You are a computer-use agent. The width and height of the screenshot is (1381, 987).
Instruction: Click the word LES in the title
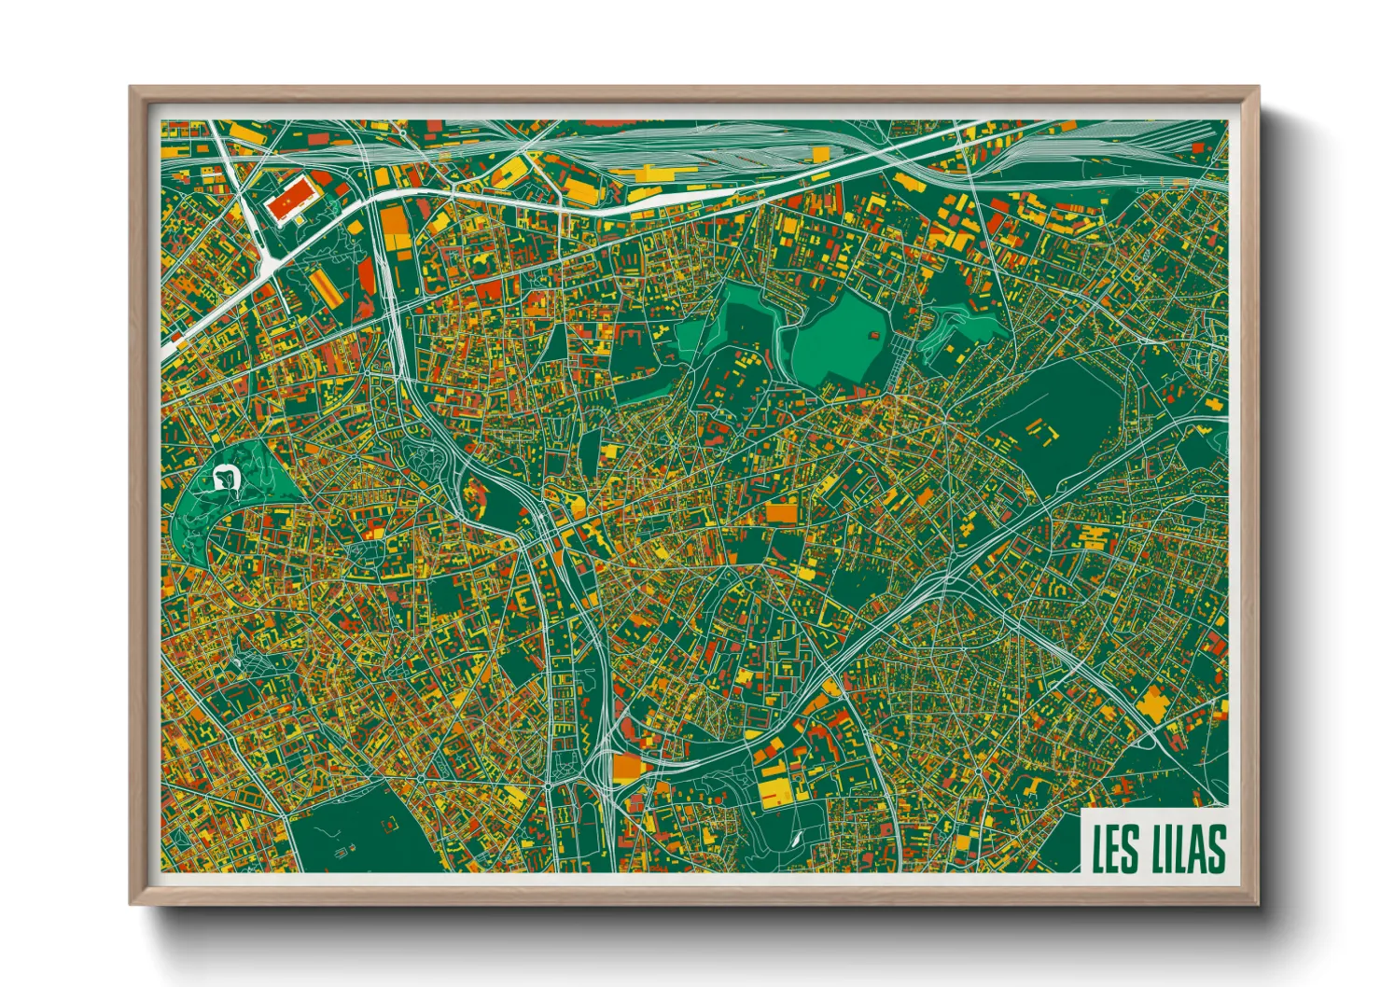tap(1115, 848)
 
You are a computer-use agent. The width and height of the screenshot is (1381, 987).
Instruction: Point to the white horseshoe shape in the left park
tap(227, 478)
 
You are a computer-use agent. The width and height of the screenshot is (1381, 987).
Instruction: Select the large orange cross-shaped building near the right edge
tap(1157, 704)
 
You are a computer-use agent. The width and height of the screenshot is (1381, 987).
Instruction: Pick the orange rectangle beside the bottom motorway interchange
tap(628, 768)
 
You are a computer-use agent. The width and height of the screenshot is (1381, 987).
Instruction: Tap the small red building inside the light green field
tap(874, 335)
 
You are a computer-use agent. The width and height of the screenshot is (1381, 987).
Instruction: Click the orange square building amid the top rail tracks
tap(820, 154)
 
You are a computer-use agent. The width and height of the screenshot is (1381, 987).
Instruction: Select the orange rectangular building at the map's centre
tap(782, 513)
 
